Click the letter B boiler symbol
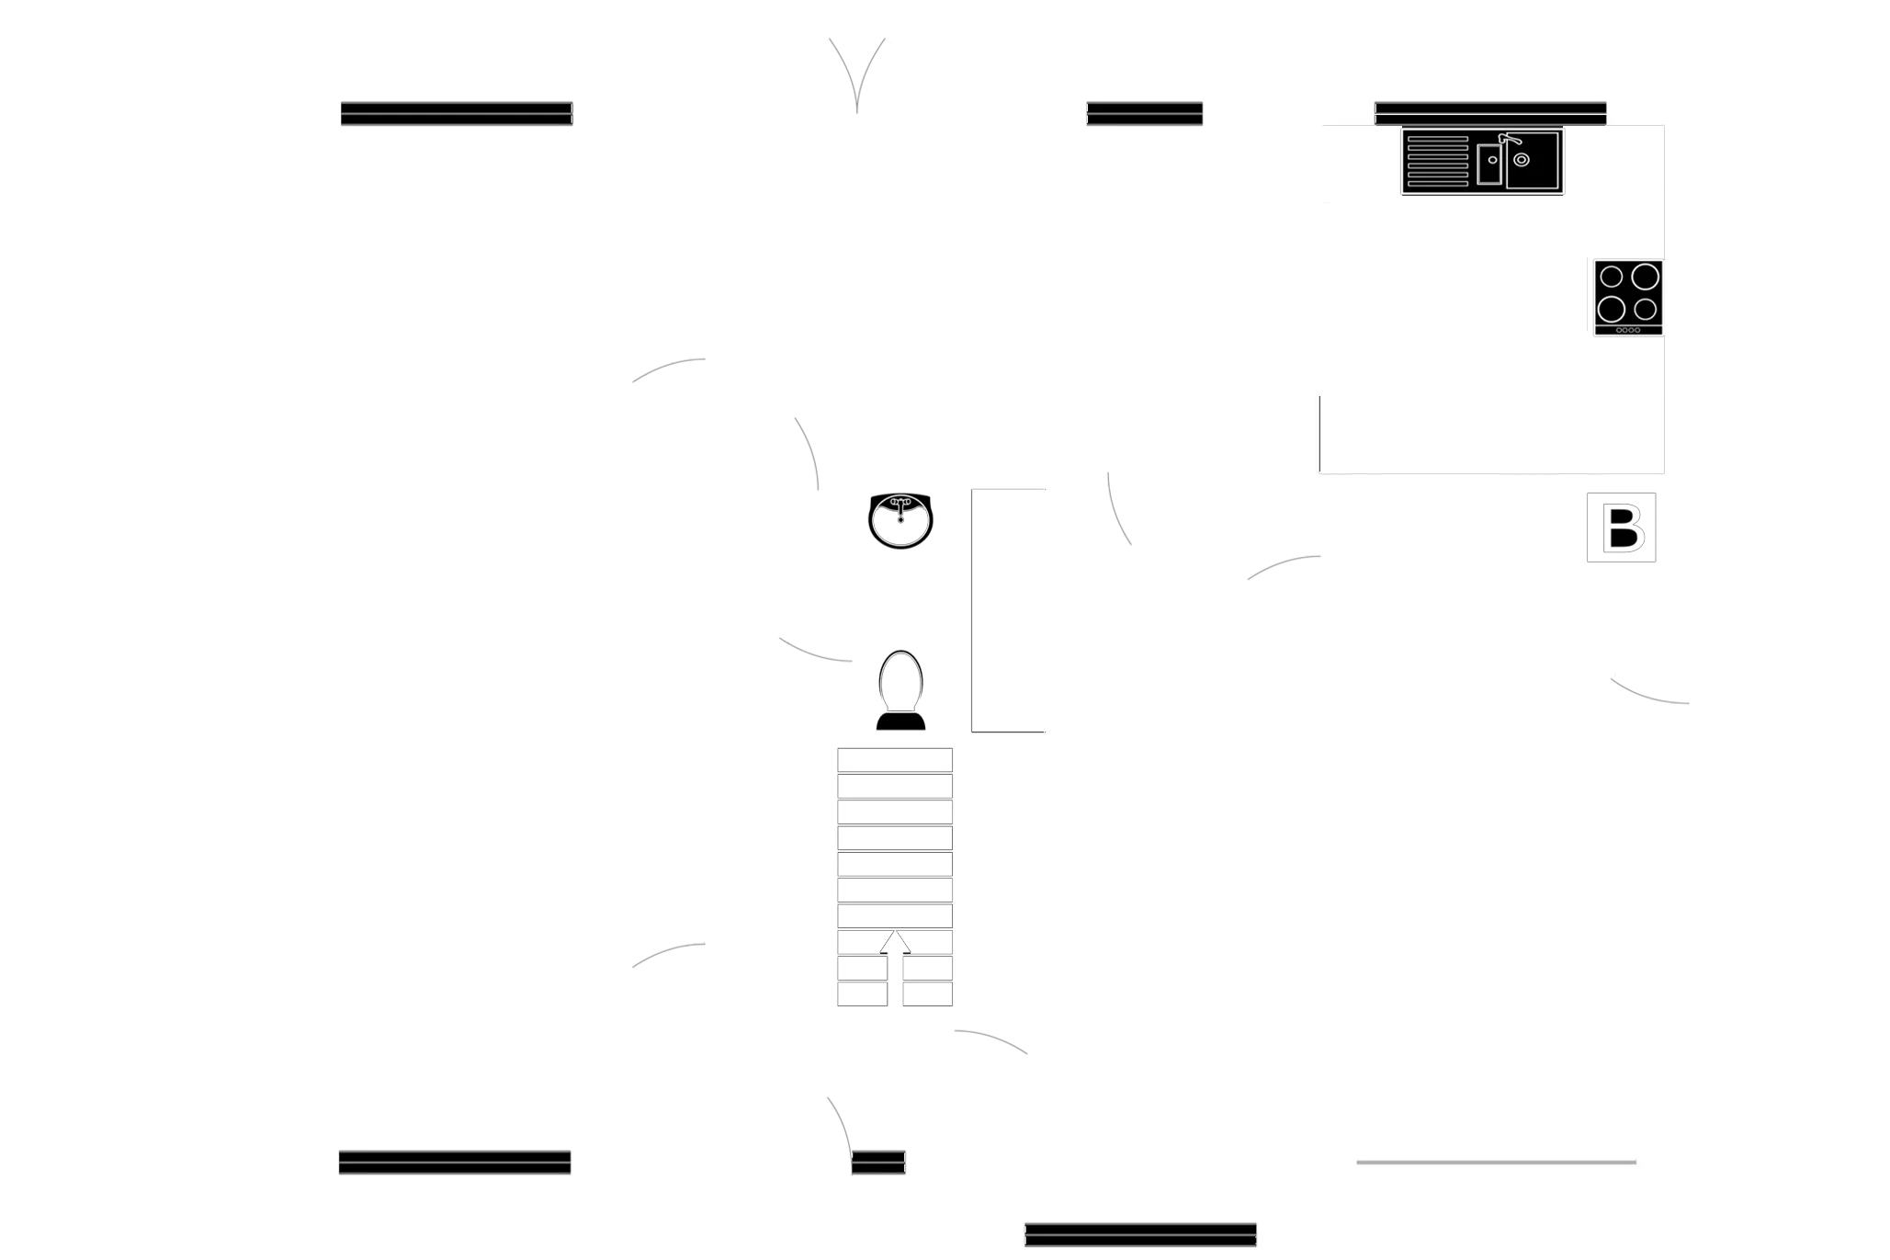click(1623, 528)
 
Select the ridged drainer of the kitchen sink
click(1437, 162)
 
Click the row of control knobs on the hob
click(1628, 329)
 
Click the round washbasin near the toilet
click(900, 521)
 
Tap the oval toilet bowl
click(900, 680)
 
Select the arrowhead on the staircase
click(896, 941)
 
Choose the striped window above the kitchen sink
click(1490, 111)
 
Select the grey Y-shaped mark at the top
click(857, 74)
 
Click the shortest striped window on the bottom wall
click(877, 1162)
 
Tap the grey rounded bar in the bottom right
click(1496, 1162)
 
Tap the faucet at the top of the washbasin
click(900, 505)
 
